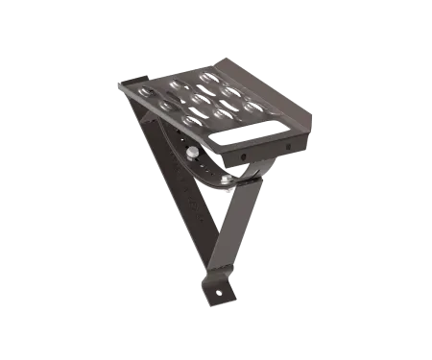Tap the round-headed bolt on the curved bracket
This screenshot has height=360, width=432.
pyautogui.click(x=194, y=152)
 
